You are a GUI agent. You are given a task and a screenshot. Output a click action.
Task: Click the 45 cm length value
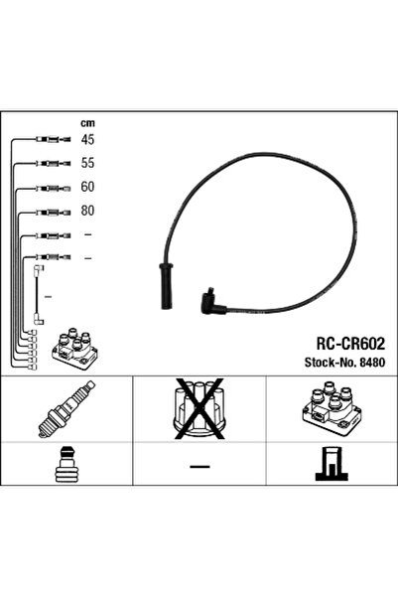coord(87,139)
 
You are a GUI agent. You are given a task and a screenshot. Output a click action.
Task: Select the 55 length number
coord(87,163)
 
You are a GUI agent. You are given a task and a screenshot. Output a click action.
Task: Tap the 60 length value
coord(87,187)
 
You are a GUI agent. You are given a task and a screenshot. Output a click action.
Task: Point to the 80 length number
coord(87,211)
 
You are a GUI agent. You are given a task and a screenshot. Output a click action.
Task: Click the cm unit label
coord(87,123)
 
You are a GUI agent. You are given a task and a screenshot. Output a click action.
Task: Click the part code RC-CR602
coord(350,344)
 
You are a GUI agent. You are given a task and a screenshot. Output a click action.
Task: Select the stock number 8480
coord(372,363)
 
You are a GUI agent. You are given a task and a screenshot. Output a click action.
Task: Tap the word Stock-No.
coord(331,363)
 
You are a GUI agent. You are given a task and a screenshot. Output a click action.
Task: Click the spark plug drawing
coord(66,409)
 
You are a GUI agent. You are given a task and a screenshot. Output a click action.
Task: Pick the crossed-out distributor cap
coord(199,408)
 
